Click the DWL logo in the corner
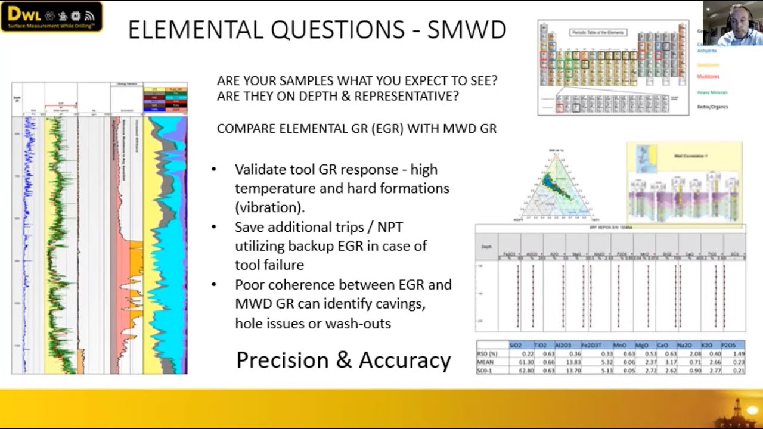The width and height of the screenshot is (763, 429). pos(51,17)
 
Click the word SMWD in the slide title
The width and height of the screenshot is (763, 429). pos(467,30)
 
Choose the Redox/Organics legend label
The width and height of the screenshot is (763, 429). pos(712,107)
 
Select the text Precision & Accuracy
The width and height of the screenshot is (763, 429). pos(343,360)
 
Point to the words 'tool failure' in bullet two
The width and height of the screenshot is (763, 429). pos(269,265)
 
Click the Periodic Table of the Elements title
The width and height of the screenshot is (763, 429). pos(598,32)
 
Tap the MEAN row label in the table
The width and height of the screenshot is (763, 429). pos(485,362)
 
